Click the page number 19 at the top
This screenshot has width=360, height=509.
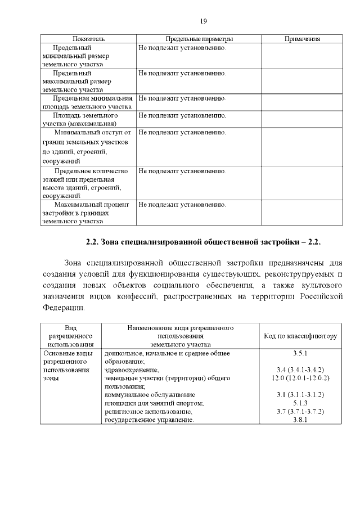point(204,21)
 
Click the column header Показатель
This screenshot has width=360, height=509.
point(88,39)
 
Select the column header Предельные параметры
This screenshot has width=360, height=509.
point(199,39)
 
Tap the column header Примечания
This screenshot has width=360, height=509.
point(302,39)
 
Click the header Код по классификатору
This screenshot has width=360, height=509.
point(300,336)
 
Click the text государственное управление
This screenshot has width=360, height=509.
point(149,420)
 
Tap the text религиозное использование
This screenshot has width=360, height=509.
point(149,412)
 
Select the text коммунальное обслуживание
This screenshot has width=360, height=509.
point(150,395)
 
